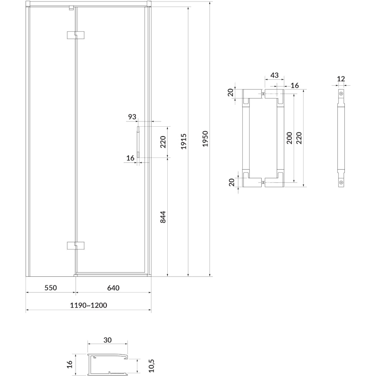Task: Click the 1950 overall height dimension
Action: (205, 139)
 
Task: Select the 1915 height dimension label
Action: (184, 141)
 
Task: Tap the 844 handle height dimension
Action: (163, 217)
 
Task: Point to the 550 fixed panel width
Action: (51, 288)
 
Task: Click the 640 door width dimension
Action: (113, 288)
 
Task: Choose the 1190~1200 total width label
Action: (88, 305)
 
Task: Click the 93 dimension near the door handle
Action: (132, 117)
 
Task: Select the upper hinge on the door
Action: (76, 35)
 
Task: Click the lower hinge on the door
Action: (76, 246)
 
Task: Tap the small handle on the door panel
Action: (138, 142)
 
